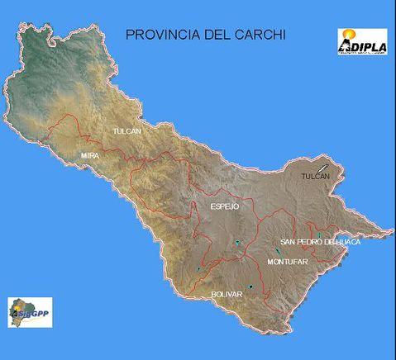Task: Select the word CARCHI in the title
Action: (263, 36)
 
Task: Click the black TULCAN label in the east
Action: (315, 176)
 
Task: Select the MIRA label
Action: (90, 155)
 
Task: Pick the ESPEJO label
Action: (224, 207)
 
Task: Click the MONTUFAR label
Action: (288, 261)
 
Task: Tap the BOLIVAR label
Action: (227, 294)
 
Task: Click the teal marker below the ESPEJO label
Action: (237, 242)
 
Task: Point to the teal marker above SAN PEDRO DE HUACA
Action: (317, 234)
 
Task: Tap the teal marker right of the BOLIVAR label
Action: (250, 287)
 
